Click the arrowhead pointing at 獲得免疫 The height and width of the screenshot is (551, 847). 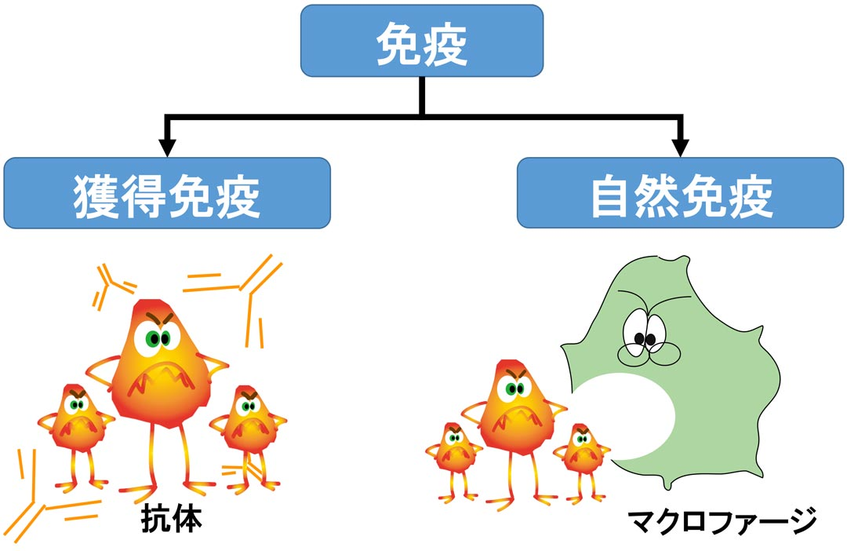tap(165, 147)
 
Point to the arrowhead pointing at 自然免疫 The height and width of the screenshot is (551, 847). tap(680, 147)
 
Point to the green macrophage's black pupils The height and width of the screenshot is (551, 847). tap(645, 339)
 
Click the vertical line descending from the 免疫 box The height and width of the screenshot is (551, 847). tap(422, 96)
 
